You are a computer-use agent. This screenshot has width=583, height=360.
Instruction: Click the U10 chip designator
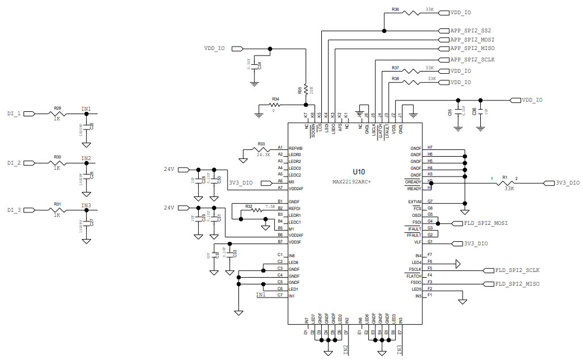pos(358,171)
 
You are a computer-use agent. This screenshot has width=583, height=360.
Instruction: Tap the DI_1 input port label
pos(14,114)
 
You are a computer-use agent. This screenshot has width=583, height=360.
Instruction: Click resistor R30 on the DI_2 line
pos(57,163)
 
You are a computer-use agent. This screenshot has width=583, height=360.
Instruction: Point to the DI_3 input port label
pos(14,210)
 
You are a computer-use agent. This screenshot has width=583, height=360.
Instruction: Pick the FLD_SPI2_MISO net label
pos(517,283)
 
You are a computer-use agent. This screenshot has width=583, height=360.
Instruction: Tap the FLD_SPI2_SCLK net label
pos(517,270)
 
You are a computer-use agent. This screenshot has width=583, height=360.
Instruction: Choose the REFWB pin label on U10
pos(295,148)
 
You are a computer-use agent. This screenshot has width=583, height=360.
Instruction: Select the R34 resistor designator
pos(275,99)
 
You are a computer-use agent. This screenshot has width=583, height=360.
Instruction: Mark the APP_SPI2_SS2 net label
pos(470,30)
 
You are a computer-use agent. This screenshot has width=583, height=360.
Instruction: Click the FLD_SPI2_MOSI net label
pos(485,223)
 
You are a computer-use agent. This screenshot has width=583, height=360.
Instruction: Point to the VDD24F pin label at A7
pos(296,188)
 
